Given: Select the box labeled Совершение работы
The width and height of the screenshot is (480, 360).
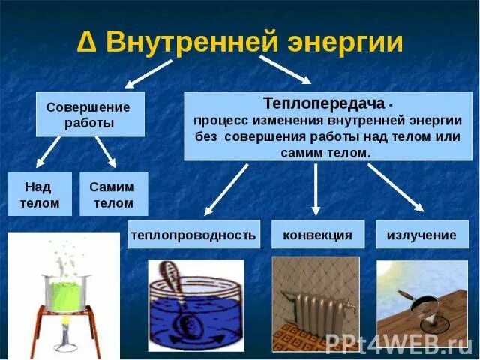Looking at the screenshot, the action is coord(90,115).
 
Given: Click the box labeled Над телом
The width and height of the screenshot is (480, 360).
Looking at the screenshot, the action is coord(40,194).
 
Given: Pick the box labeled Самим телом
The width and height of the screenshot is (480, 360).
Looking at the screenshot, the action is coord(114,194).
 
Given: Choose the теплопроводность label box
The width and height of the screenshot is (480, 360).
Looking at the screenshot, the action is coord(193,235).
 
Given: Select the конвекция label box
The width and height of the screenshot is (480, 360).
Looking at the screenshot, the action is coord(317,235).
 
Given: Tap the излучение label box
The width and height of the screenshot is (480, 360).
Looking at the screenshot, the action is coord(421,235).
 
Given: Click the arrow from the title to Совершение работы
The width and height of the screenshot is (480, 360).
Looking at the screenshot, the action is coord(150,72).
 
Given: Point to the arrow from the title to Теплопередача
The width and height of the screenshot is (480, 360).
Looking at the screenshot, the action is coord(285,68).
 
